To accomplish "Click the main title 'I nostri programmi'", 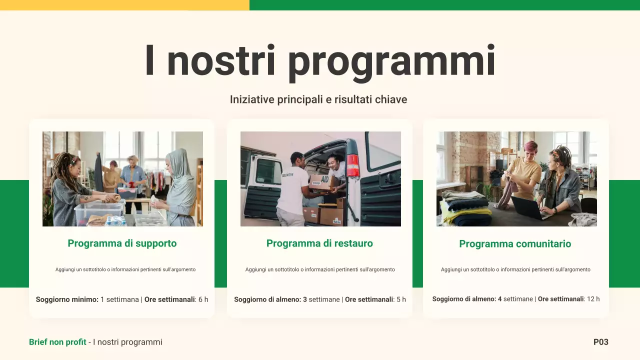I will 320,61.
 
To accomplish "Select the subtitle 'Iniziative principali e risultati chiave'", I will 318,99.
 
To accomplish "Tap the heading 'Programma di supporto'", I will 122,243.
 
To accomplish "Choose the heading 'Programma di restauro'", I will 319,243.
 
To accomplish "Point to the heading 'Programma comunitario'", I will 515,244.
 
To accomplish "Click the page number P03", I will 600,342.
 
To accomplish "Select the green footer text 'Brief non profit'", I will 57,342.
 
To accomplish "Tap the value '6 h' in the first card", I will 203,299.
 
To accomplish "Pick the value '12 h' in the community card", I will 593,299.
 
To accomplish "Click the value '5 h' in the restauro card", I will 401,299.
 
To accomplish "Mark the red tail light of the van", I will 353,166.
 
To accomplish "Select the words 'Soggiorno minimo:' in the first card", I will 67,299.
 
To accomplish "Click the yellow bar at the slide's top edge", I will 124,5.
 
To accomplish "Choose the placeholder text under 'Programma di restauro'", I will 319,269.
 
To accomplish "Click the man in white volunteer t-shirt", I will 292,190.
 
